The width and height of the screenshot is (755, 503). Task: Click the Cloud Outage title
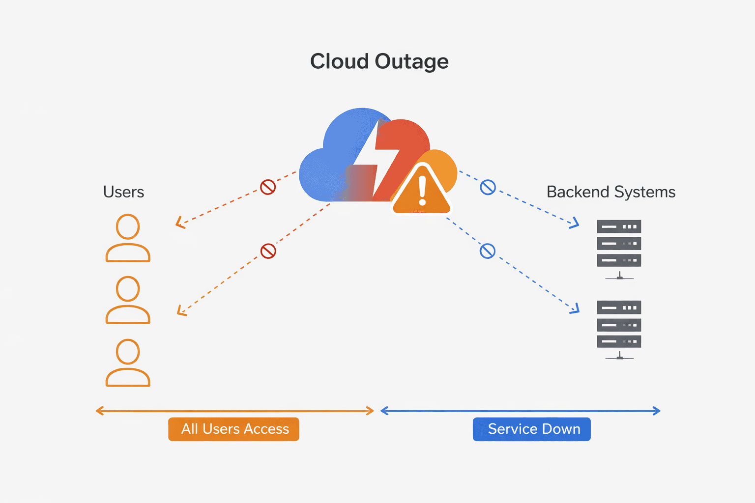(x=379, y=62)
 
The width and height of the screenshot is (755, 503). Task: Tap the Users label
(x=124, y=192)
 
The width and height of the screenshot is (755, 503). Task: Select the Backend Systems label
(x=611, y=192)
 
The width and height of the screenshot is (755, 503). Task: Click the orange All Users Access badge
(x=233, y=429)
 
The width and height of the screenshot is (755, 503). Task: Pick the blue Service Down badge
(x=531, y=429)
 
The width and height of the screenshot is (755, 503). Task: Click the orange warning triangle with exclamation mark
(x=422, y=189)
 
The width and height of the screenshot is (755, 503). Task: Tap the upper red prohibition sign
(x=268, y=187)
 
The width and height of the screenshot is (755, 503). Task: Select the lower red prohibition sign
(x=268, y=251)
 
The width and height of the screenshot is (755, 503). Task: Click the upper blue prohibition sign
(x=488, y=187)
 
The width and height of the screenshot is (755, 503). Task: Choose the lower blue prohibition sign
(x=488, y=251)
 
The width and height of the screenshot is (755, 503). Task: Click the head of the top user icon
(x=128, y=227)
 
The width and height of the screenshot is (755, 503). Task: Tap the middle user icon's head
(x=128, y=289)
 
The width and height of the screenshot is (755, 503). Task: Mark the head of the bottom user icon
(x=128, y=352)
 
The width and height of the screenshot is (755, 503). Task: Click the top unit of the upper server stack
(x=619, y=227)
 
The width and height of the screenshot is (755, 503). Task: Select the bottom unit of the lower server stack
(x=619, y=341)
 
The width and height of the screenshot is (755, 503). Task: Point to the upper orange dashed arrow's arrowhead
(x=180, y=223)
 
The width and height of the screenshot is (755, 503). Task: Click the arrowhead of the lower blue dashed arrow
(x=575, y=308)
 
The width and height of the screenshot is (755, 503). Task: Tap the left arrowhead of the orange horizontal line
(x=100, y=411)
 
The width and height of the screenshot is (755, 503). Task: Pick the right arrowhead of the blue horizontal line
(x=656, y=411)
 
